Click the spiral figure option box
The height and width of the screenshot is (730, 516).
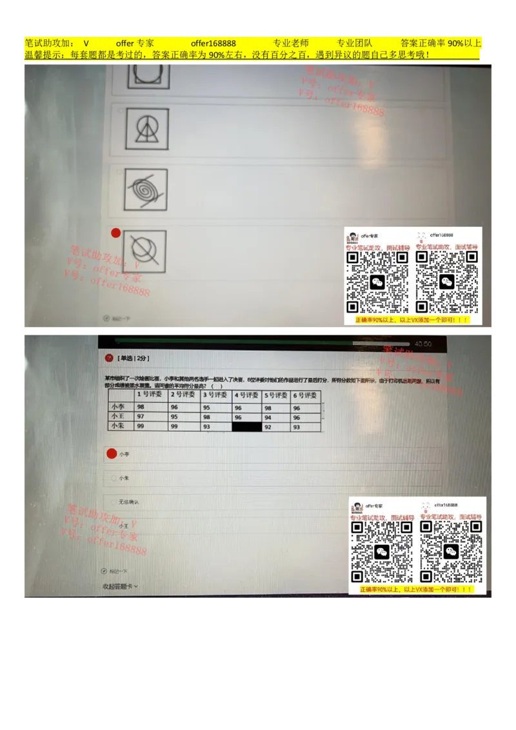[x=146, y=190]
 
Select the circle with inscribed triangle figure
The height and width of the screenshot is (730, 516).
[x=147, y=129]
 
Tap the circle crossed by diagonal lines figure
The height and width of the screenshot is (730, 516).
[x=144, y=252]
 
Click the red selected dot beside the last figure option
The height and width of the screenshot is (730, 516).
[x=116, y=233]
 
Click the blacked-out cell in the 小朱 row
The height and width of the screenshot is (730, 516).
[x=247, y=427]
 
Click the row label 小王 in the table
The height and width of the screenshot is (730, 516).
[x=118, y=417]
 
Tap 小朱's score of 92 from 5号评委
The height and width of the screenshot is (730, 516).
[x=269, y=427]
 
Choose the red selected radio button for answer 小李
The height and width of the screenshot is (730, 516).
[x=112, y=454]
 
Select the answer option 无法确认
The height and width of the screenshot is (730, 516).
[x=128, y=502]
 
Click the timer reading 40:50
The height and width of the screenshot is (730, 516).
[x=423, y=344]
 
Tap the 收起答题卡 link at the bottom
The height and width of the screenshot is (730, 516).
[x=120, y=586]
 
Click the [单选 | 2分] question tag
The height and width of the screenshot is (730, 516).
[x=133, y=357]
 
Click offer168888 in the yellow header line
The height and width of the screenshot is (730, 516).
[x=213, y=43]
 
